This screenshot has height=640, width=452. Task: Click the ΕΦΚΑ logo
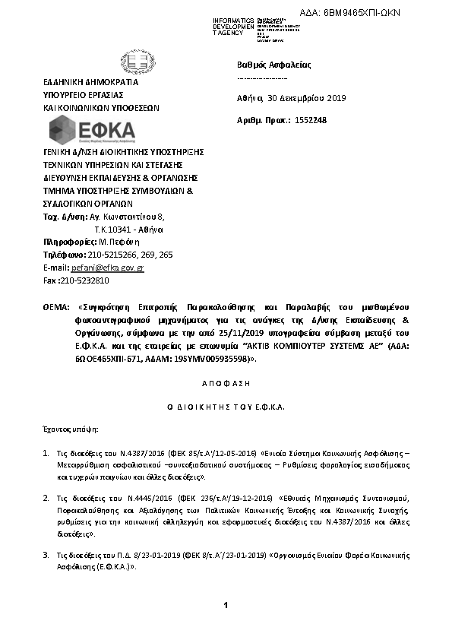coord(91,131)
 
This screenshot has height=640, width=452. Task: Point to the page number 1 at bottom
coord(226,604)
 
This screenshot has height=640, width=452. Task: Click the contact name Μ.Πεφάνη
coord(119,242)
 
